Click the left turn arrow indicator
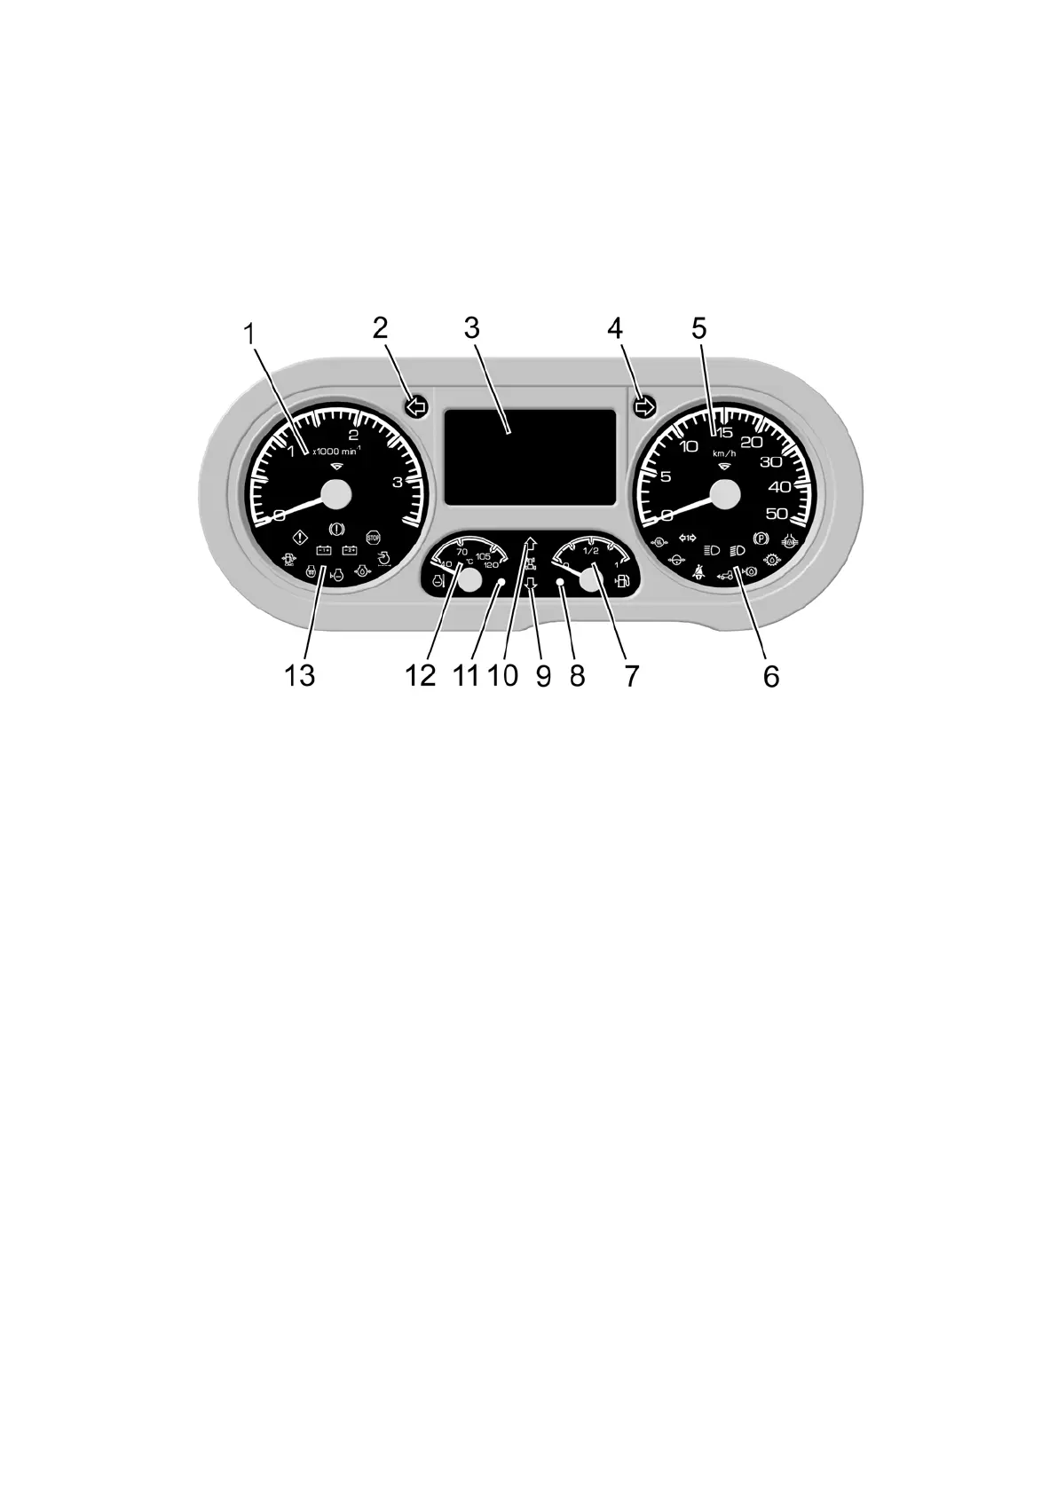point(415,407)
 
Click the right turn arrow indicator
point(644,407)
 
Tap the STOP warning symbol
point(374,538)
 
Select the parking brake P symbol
point(759,538)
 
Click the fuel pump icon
point(623,582)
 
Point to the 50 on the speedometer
point(777,514)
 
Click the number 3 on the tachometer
point(398,482)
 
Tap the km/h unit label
point(724,453)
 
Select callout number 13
point(300,676)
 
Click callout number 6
point(770,676)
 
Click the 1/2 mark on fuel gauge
point(590,550)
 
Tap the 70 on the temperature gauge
point(461,552)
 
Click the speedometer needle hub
point(725,494)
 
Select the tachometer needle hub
point(336,494)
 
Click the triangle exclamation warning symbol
point(299,538)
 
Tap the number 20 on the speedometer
point(751,442)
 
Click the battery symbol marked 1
point(323,550)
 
